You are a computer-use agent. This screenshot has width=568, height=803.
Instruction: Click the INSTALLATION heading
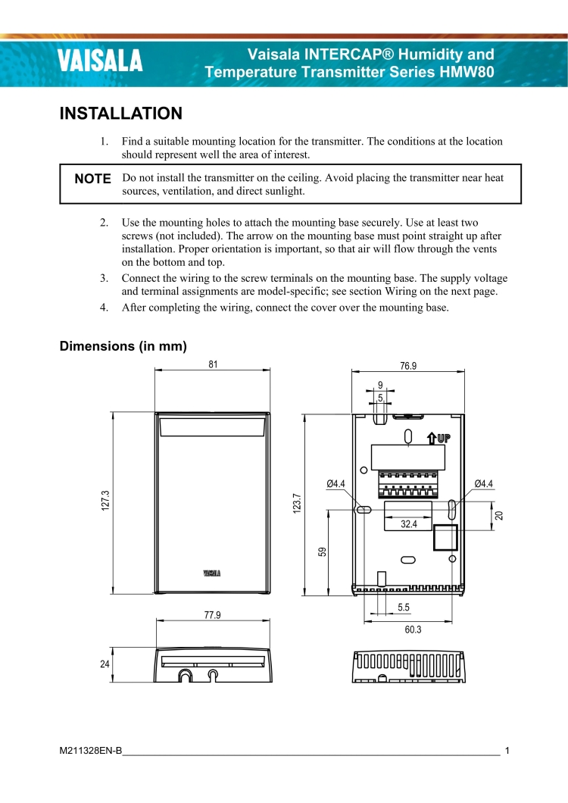[x=121, y=114]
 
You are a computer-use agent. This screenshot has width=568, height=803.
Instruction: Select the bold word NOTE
[x=93, y=179]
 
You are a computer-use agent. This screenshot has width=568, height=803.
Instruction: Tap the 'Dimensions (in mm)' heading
[x=123, y=346]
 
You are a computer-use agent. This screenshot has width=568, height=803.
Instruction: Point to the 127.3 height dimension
[x=106, y=502]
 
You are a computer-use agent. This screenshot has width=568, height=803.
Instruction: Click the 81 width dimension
[x=213, y=364]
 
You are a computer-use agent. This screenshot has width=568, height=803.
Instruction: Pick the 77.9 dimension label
[x=213, y=615]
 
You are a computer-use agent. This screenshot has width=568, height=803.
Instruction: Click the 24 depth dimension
[x=105, y=664]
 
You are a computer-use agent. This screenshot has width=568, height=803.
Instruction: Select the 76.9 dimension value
[x=408, y=366]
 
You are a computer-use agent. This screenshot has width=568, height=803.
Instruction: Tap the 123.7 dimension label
[x=297, y=505]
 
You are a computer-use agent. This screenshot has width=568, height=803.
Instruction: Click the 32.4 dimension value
[x=409, y=523]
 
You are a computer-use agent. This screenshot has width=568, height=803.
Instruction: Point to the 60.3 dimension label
[x=413, y=630]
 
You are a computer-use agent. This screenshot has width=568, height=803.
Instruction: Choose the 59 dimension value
[x=322, y=552]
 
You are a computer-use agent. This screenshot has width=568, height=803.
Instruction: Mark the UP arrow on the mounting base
[x=439, y=437]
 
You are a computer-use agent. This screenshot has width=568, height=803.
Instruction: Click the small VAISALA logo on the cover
[x=212, y=573]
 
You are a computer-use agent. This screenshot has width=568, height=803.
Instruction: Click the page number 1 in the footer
[x=507, y=751]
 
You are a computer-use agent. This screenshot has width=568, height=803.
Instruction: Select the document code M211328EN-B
[x=91, y=751]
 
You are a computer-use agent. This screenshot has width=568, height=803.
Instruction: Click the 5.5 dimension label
[x=403, y=608]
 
